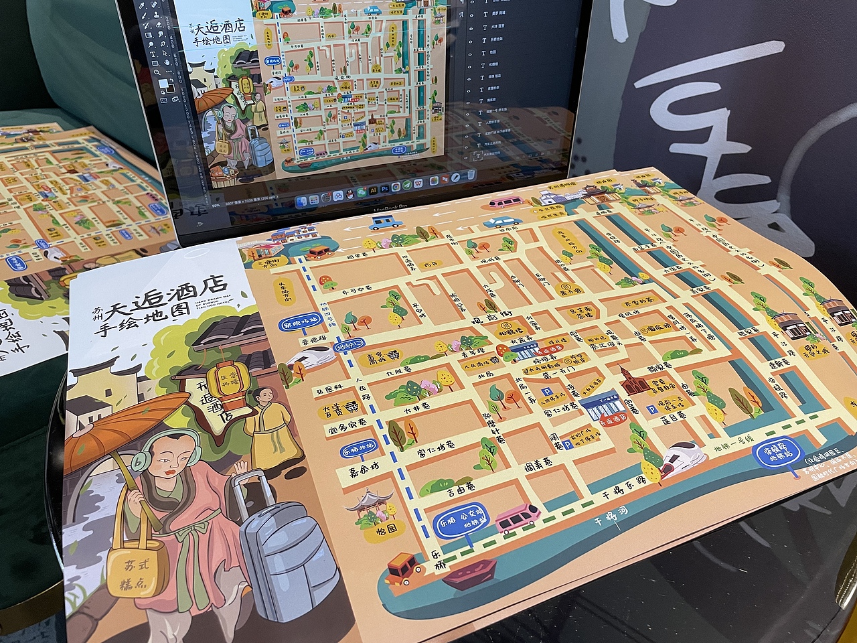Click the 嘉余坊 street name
(x=363, y=474)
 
